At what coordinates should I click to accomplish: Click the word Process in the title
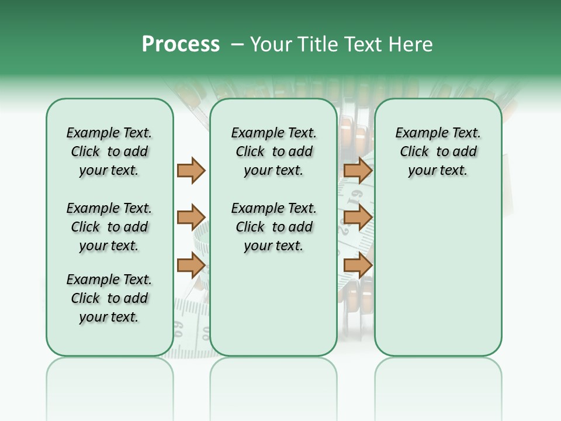pos(181,44)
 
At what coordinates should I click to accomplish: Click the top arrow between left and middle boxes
pos(191,170)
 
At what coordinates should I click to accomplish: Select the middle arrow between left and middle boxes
pos(191,218)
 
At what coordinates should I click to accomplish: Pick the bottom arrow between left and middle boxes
pos(191,265)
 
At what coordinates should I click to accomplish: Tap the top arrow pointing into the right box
pos(358,170)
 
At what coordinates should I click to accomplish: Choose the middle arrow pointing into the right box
pos(358,218)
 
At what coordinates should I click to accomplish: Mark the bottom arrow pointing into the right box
pos(358,265)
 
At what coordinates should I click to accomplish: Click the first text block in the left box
pos(109,151)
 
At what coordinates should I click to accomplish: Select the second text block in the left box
pos(109,227)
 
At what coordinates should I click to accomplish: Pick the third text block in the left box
pos(109,298)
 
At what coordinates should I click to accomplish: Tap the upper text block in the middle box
pos(273,151)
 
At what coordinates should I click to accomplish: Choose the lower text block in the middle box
pos(273,227)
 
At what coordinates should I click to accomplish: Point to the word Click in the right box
pos(414,152)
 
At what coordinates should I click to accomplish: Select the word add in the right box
pos(465,152)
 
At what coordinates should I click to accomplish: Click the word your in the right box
pos(421,171)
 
